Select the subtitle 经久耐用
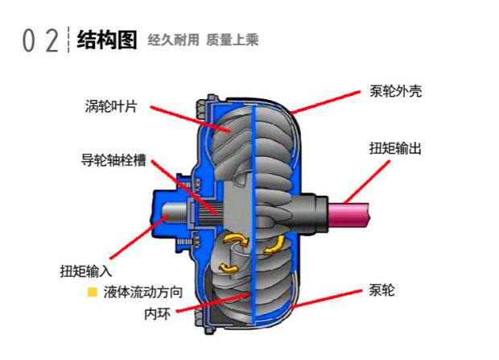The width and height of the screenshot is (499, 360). (x=173, y=39)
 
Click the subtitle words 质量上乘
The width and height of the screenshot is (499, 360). (x=232, y=39)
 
